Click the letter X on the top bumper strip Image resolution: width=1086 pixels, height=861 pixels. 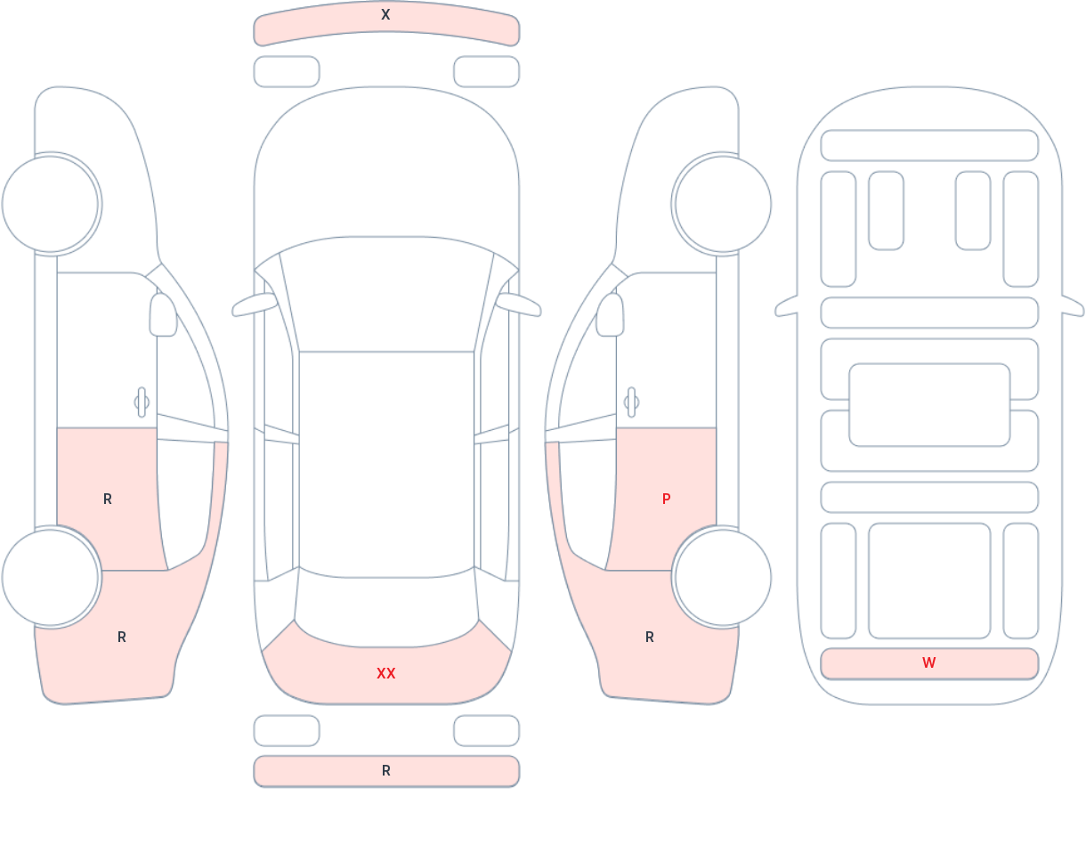pyautogui.click(x=385, y=14)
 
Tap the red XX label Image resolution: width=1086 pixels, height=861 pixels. pyautogui.click(x=386, y=673)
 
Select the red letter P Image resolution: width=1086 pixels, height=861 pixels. pyautogui.click(x=666, y=500)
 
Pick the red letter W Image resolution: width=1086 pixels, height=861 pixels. pyautogui.click(x=929, y=662)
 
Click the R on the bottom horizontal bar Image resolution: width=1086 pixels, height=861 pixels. pyautogui.click(x=386, y=771)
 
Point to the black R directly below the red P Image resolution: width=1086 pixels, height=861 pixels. pyautogui.click(x=650, y=637)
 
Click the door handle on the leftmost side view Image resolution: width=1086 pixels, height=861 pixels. pyautogui.click(x=142, y=402)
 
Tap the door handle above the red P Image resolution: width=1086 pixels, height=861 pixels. pyautogui.click(x=631, y=402)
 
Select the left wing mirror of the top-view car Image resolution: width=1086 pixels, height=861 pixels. pyautogui.click(x=255, y=305)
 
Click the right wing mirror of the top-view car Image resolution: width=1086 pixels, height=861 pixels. pyautogui.click(x=518, y=305)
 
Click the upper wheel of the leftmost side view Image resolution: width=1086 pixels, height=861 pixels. pyautogui.click(x=51, y=204)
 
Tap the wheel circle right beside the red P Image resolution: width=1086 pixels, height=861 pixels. pyautogui.click(x=723, y=577)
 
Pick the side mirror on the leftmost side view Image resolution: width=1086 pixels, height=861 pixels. pyautogui.click(x=163, y=314)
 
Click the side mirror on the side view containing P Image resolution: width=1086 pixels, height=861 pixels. pyautogui.click(x=610, y=314)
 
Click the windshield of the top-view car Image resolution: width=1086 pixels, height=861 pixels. pyautogui.click(x=386, y=293)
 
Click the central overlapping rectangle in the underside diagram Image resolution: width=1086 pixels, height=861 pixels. pyautogui.click(x=929, y=405)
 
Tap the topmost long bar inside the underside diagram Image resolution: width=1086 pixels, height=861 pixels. pyautogui.click(x=929, y=145)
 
